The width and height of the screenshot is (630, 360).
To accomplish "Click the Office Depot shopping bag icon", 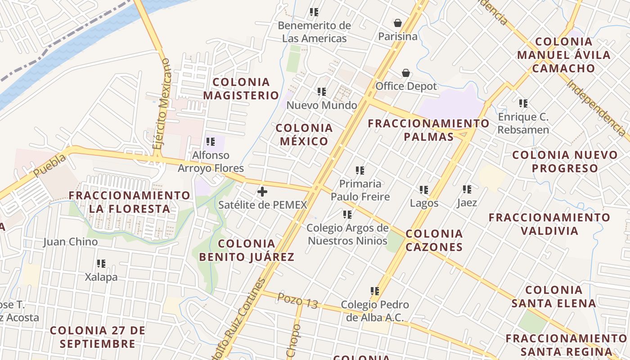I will point(406,73).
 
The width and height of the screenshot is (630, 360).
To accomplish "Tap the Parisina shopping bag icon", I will point(398,23).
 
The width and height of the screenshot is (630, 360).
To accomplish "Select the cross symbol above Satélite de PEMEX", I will point(262,192).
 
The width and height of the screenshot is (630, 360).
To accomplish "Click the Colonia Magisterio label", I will point(241,89).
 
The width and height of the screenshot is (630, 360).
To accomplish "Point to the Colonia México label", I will point(304,135).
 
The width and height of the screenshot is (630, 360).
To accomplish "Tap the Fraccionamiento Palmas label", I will point(429,130).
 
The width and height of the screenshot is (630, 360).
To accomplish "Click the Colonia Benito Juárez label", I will point(247,251).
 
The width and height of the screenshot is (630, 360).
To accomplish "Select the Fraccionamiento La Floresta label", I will point(130,202).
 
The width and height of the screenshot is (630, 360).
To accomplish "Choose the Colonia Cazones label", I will point(434,240).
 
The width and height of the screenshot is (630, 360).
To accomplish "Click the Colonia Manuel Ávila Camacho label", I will point(564,55).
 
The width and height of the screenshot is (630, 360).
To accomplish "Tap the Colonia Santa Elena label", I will point(554,297).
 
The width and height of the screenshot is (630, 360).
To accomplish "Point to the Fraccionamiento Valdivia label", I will point(549,224).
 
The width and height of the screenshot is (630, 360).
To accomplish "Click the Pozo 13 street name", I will point(297,301).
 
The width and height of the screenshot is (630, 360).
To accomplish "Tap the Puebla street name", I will point(49,165).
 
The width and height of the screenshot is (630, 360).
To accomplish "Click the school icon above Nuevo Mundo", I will point(322,92).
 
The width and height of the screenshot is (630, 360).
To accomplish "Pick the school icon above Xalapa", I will point(101,264).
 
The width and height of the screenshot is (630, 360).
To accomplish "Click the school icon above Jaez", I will point(467,189).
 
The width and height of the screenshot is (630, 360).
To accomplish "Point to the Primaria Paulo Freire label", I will point(360,190).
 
